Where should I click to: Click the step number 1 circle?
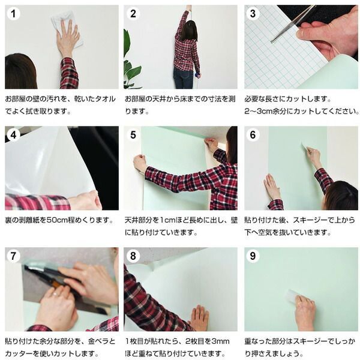13,14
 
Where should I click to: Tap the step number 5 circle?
133,134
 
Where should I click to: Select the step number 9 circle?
253,256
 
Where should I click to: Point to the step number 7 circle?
13,256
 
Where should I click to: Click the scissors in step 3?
292,24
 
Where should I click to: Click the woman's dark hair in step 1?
20,71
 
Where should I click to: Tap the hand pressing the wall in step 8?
199,318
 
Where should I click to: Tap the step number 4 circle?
13,134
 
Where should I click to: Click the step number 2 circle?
133,14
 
